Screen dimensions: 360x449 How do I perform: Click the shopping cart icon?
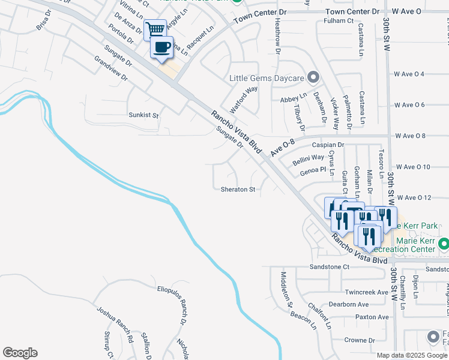click(155, 29)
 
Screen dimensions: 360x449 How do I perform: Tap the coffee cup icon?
click(161, 47)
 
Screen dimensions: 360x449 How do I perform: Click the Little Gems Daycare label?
click(267, 77)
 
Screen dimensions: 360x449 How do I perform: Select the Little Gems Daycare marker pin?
click(312, 77)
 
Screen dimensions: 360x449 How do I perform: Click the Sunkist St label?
click(143, 115)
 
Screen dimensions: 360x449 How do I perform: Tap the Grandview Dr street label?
click(112, 68)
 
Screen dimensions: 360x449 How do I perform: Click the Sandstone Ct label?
click(329, 266)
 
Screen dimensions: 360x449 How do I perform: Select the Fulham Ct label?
click(339, 20)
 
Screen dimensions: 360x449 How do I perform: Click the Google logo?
click(20, 353)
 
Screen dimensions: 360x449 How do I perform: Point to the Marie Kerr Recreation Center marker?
click(444, 244)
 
